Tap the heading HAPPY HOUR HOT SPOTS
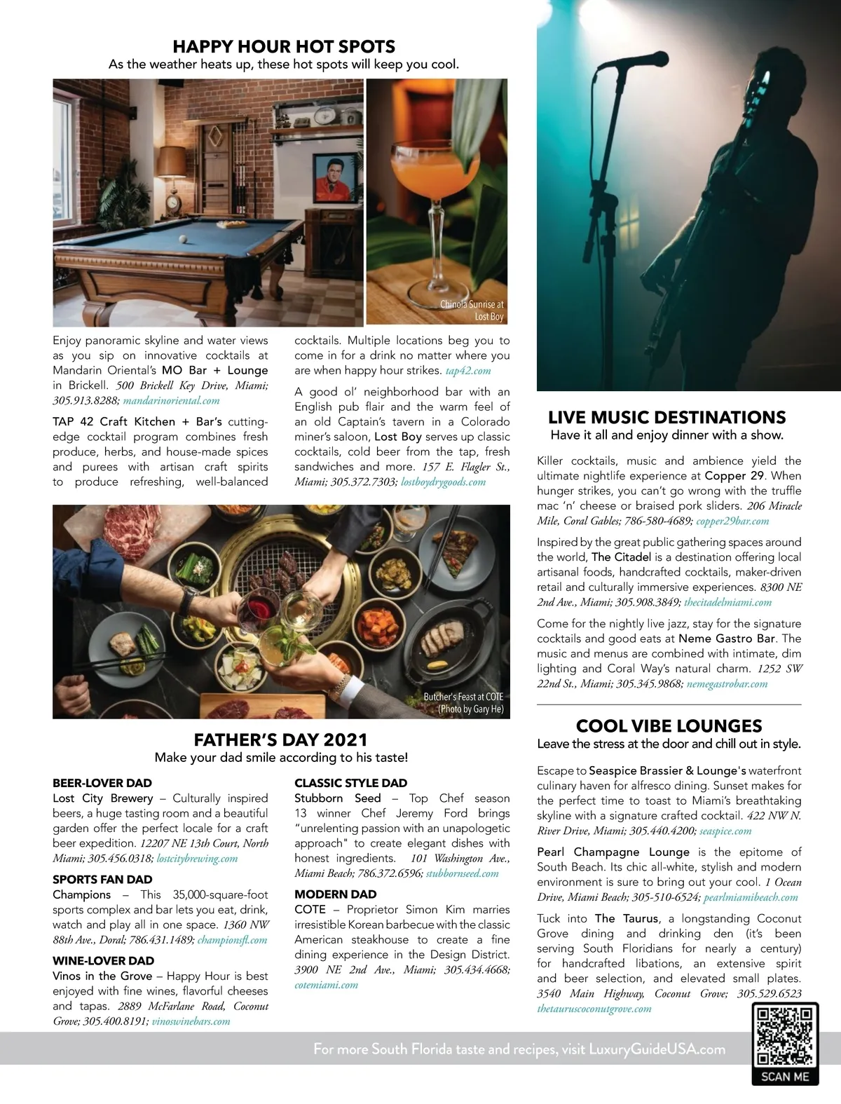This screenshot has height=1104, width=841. (284, 46)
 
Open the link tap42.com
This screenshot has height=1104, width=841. (468, 370)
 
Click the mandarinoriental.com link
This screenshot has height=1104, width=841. (172, 400)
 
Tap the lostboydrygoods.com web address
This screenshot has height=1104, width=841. (443, 482)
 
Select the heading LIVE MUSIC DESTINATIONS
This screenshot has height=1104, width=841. (666, 417)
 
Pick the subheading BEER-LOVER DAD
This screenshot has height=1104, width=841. (102, 783)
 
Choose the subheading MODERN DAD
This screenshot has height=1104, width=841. (335, 894)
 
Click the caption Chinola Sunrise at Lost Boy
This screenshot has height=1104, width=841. (472, 311)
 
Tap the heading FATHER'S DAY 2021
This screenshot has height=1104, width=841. (280, 740)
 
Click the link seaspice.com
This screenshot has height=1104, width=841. (725, 831)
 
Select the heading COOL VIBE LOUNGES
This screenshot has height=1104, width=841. (669, 725)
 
